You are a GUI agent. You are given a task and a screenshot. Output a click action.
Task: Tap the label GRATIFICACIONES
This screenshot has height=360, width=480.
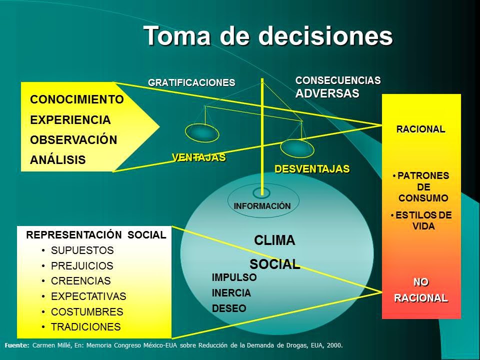point(191,82)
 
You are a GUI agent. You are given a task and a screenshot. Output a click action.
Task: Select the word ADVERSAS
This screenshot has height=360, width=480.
point(327,93)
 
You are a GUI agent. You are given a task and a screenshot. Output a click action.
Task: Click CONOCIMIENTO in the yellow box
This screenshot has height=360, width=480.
point(77,99)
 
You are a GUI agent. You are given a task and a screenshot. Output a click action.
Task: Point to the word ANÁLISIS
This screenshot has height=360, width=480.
point(58,160)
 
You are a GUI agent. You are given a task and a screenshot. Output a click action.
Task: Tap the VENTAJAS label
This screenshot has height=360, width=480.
point(199,157)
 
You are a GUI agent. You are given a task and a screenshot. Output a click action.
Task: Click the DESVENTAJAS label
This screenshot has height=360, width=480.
point(312,169)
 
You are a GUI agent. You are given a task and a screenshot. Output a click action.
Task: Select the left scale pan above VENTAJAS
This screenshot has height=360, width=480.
point(202,132)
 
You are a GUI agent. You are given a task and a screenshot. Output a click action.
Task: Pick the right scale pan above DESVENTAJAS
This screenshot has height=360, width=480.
point(296,147)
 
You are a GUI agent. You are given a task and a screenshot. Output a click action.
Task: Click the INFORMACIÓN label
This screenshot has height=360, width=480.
point(262,206)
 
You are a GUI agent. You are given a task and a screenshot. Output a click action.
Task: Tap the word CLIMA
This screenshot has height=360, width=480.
point(274,240)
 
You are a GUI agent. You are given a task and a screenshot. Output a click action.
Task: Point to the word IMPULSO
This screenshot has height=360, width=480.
point(234,277)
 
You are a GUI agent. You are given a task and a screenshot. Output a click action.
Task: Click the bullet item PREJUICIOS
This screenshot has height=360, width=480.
point(82,265)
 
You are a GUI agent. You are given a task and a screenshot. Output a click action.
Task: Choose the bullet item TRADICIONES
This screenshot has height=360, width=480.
point(86,327)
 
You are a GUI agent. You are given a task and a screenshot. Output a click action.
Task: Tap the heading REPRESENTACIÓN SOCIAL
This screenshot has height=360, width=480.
point(96,235)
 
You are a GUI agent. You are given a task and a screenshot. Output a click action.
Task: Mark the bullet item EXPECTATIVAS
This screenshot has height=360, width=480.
point(88,296)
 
